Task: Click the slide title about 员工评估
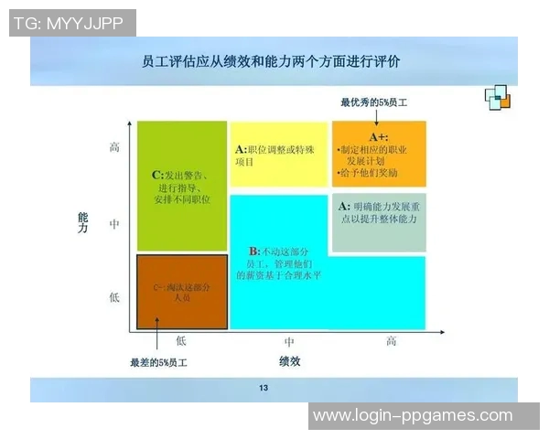(271, 62)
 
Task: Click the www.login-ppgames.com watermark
(413, 416)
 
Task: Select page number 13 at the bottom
(264, 390)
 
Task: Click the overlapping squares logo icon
(498, 95)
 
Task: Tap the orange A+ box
(379, 154)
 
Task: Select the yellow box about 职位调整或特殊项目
(277, 154)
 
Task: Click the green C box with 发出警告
(181, 186)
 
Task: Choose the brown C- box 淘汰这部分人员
(181, 292)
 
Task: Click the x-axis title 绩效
(289, 360)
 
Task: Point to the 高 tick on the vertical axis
(115, 146)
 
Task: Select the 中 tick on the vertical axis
(115, 222)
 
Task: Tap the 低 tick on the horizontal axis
(181, 340)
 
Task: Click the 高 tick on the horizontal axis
(391, 340)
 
